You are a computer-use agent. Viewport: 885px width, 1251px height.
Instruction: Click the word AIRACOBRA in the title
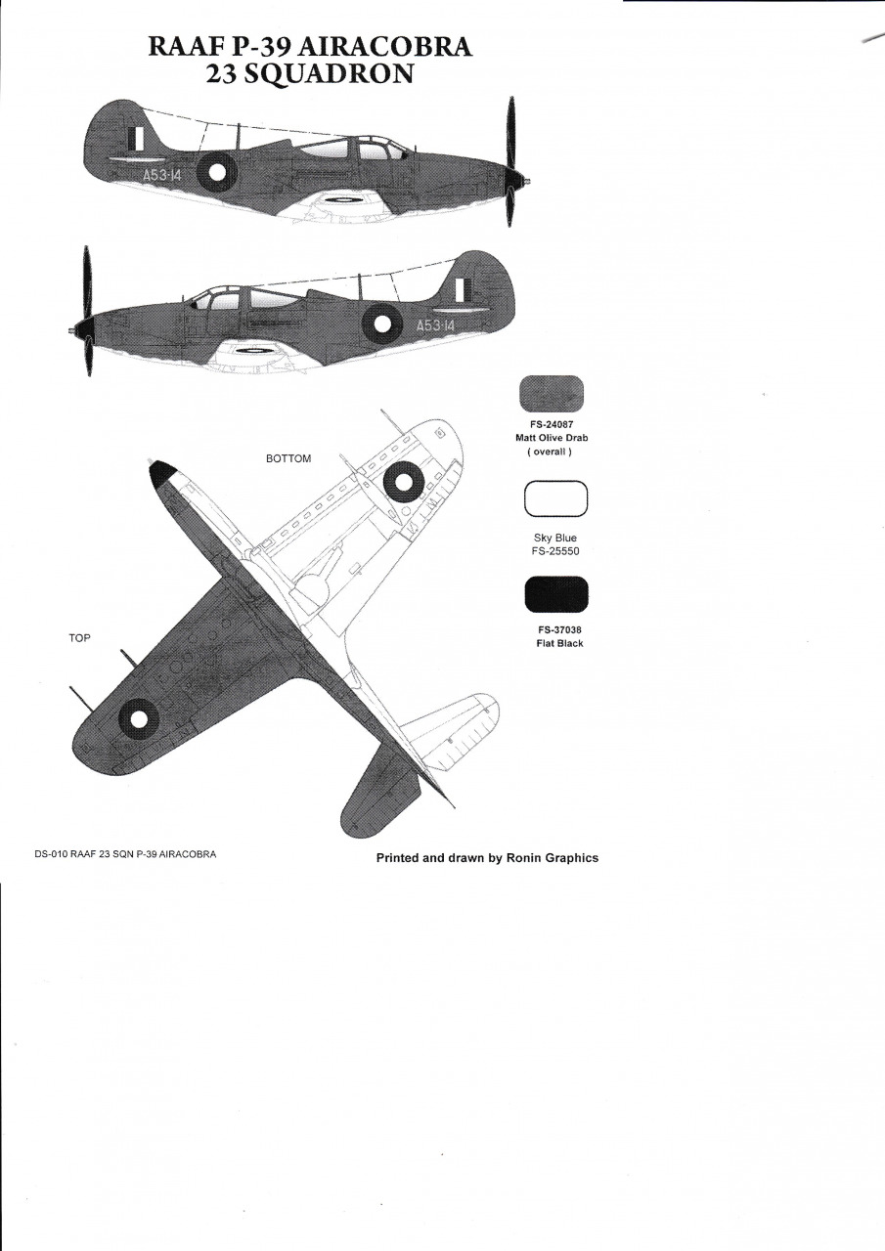385,47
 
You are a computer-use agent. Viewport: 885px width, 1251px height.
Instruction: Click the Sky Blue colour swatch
555,498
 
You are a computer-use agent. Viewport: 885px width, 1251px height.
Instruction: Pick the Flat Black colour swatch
556,594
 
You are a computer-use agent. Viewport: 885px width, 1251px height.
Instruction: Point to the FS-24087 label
552,424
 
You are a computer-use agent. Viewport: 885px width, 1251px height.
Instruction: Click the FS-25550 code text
555,551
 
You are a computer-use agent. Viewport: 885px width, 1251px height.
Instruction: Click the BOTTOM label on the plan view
288,458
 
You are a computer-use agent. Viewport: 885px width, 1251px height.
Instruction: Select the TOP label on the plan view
79,638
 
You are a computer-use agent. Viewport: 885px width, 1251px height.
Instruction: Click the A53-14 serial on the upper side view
162,175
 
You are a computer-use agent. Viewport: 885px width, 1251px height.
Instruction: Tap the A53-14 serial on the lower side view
436,325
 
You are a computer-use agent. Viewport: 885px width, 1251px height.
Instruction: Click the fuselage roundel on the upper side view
219,172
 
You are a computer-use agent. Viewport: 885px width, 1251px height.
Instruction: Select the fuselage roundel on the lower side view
382,324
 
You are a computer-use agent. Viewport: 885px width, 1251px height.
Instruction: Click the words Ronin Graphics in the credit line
552,858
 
